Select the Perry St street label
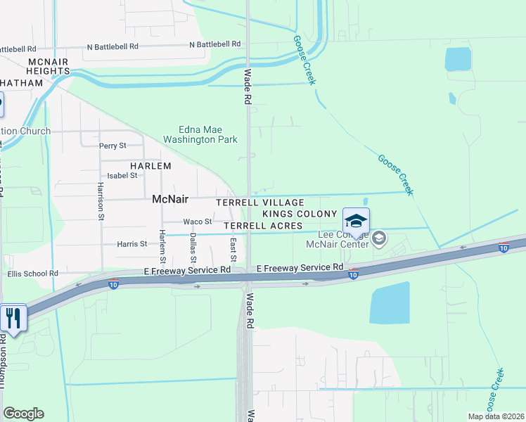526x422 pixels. pyautogui.click(x=113, y=146)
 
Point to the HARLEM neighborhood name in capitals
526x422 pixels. pyautogui.click(x=150, y=166)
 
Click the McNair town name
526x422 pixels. pyautogui.click(x=169, y=199)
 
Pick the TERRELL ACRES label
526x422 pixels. pyautogui.click(x=263, y=226)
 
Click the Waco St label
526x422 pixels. pyautogui.click(x=198, y=222)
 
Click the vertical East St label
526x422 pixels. pyautogui.click(x=233, y=245)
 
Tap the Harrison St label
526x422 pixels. pyautogui.click(x=101, y=202)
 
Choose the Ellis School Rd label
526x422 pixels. pyautogui.click(x=42, y=274)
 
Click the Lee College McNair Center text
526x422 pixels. pyautogui.click(x=338, y=239)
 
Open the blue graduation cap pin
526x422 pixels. pyautogui.click(x=356, y=221)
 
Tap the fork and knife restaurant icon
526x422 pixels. pyautogui.click(x=13, y=318)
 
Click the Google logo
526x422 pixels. pyautogui.click(x=23, y=414)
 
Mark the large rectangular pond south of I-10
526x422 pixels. pyautogui.click(x=390, y=303)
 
